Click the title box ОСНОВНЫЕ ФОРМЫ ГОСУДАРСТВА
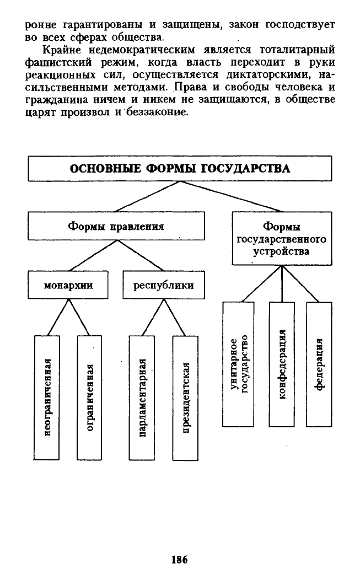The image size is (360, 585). tap(180, 169)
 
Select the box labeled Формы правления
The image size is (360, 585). tap(116, 226)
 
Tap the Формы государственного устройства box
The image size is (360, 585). tap(282, 239)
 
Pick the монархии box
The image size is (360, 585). tap(68, 285)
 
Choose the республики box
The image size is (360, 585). tap(163, 285)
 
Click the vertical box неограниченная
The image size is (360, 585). tap(47, 398)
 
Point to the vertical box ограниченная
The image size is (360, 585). tap(89, 398)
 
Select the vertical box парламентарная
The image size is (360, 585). tap(142, 398)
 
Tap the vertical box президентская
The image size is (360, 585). tap(185, 398)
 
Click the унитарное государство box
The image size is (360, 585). tap(238, 364)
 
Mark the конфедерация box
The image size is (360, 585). tap(282, 364)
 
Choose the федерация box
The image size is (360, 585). tap(319, 364)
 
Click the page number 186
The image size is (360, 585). tap(179, 560)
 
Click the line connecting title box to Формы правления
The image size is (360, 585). tap(148, 197)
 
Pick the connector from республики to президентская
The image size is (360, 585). tap(175, 317)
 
